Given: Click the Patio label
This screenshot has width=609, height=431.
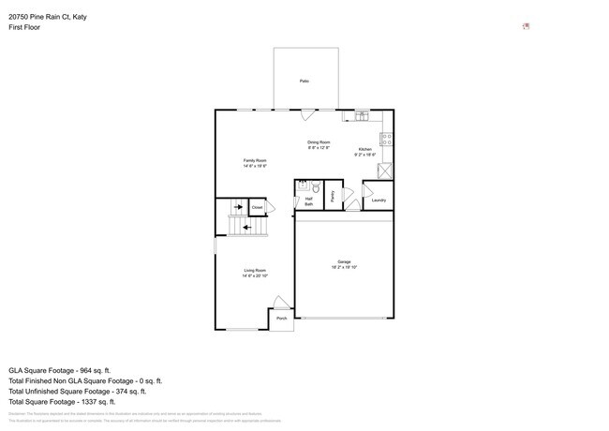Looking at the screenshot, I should point(304,82).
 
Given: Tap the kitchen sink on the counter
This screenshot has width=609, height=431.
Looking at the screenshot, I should point(362,116).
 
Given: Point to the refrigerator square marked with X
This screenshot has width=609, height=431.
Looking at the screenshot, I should point(384,171).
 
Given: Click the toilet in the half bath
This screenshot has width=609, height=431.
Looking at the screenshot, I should point(316,188).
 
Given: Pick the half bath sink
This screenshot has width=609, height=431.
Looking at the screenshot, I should point(303,186).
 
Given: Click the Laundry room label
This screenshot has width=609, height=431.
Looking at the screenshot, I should point(379,200).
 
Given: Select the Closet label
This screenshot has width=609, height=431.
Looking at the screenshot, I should point(257,208).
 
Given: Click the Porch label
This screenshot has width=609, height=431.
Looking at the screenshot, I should point(282,319).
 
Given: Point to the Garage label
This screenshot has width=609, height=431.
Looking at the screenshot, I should point(344,261).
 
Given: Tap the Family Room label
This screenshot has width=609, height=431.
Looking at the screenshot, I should point(255,160).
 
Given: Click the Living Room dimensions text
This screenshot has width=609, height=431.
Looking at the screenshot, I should point(255,276).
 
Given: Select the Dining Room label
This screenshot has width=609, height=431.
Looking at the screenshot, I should point(319,141).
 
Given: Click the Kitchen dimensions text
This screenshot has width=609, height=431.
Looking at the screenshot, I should point(364,155).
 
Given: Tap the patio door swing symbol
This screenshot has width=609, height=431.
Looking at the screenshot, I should point(306,115).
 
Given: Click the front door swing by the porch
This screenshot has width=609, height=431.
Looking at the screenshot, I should point(280,303).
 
